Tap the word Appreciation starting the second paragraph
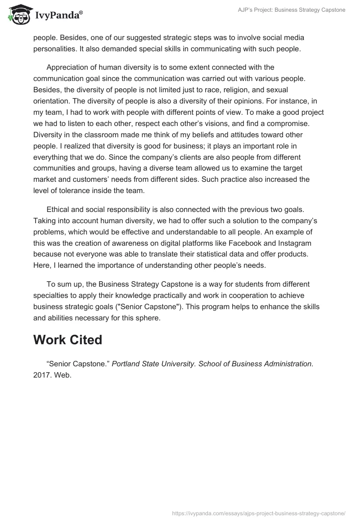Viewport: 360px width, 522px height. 68,67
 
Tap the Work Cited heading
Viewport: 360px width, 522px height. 67,340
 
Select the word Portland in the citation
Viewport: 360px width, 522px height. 126,364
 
